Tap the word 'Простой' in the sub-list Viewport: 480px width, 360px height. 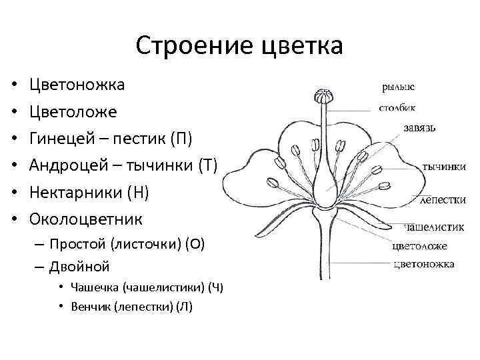pyautogui.click(x=79, y=244)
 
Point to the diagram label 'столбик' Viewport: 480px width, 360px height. pyautogui.click(x=397, y=107)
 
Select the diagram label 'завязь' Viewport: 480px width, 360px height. pyautogui.click(x=421, y=127)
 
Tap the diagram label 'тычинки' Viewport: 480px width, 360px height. pyautogui.click(x=443, y=167)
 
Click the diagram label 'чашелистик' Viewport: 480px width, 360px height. pyautogui.click(x=434, y=227)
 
